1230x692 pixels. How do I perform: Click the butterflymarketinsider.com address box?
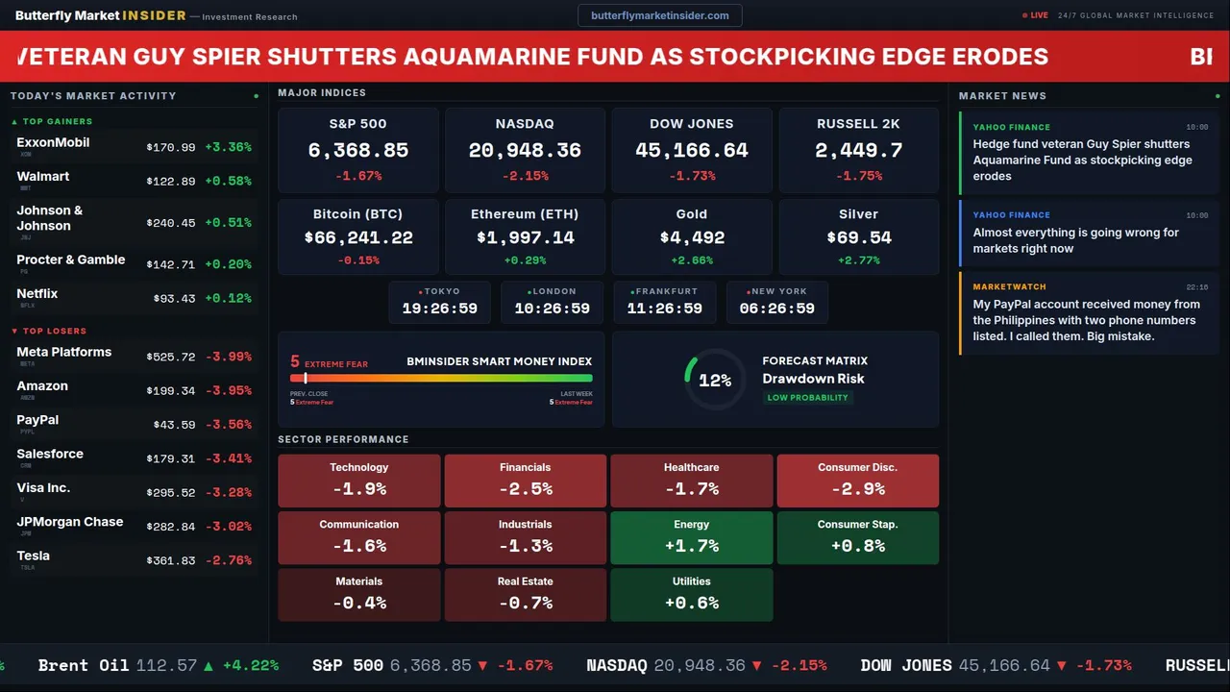point(660,15)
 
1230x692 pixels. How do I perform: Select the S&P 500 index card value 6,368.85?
point(357,151)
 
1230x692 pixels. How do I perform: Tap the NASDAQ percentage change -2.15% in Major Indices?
point(525,176)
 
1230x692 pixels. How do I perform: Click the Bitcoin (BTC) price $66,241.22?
point(357,237)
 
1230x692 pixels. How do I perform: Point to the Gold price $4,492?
point(692,237)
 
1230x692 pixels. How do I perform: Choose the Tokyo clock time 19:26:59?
point(439,309)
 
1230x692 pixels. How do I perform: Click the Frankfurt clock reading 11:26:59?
point(664,309)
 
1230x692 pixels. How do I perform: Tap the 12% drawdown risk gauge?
point(714,381)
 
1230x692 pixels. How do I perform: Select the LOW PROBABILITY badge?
point(807,398)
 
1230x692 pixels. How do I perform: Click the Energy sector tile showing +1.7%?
point(692,537)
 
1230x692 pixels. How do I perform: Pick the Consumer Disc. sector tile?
point(857,481)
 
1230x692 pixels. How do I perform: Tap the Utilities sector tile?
point(692,595)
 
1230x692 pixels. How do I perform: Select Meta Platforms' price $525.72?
point(171,357)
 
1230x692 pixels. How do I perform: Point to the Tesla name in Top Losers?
point(34,556)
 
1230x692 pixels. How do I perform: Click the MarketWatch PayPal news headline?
point(1085,320)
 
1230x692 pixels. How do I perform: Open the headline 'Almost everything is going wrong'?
point(1075,240)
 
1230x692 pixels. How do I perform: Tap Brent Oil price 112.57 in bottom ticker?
point(166,665)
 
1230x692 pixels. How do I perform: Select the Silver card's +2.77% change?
point(858,260)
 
